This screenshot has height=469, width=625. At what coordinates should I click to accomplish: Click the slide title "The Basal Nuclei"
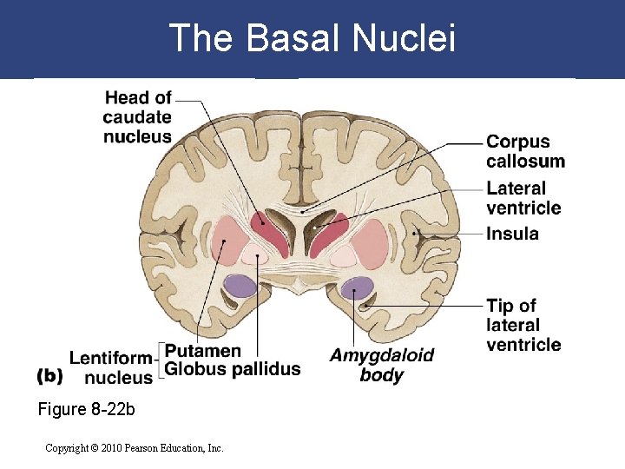[x=312, y=38]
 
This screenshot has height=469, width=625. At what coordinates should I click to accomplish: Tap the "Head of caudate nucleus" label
[x=137, y=116]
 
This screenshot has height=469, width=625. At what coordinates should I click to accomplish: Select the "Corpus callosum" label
[x=524, y=151]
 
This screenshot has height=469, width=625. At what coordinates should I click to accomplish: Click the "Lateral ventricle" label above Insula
[x=523, y=198]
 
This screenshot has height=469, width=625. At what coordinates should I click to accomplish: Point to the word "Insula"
[x=512, y=234]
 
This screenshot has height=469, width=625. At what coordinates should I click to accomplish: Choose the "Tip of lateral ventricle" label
[x=523, y=325]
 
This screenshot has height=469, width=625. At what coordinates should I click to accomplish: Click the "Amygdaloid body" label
[x=381, y=365]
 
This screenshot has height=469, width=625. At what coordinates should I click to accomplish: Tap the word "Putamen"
[x=203, y=351]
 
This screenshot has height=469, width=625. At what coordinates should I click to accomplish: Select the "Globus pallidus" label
[x=233, y=369]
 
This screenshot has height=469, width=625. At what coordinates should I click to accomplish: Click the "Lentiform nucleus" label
[x=111, y=367]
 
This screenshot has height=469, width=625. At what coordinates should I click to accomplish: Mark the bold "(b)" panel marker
[x=50, y=377]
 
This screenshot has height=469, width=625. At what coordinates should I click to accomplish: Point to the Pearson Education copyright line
[x=135, y=448]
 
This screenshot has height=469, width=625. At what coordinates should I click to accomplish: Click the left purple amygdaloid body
[x=239, y=286]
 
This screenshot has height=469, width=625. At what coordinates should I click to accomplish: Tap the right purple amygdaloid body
[x=356, y=287]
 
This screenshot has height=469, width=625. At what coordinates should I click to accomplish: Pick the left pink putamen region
[x=228, y=241]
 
